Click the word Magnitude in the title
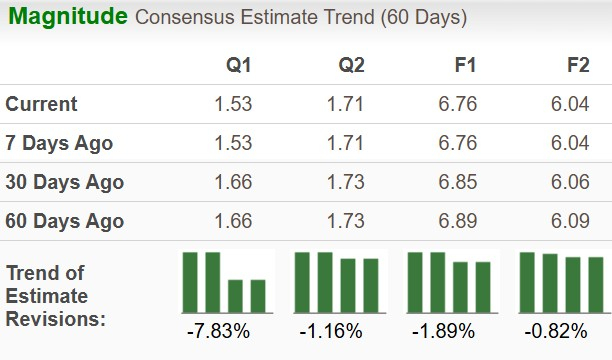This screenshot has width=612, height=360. pos(67,17)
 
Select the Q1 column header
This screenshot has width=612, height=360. pos(238,66)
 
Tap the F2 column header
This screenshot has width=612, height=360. pos(577,66)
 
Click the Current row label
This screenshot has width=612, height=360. pos(41,104)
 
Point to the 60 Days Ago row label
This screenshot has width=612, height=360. pos(64,221)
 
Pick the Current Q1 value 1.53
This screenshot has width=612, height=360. pos(232,104)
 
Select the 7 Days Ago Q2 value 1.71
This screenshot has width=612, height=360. pos(345,143)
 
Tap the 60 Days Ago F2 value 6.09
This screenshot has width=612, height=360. pos(569,221)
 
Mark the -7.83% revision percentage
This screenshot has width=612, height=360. pos(217,330)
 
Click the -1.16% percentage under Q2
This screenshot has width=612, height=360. pos(330,330)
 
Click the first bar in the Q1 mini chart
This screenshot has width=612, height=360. pos(190,282)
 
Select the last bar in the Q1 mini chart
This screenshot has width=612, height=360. pos(258,295)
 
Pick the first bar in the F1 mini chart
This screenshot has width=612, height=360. pos(415,282)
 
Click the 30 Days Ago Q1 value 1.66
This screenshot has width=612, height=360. pos(232,182)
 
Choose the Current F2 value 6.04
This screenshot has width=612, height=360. pos(569,104)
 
